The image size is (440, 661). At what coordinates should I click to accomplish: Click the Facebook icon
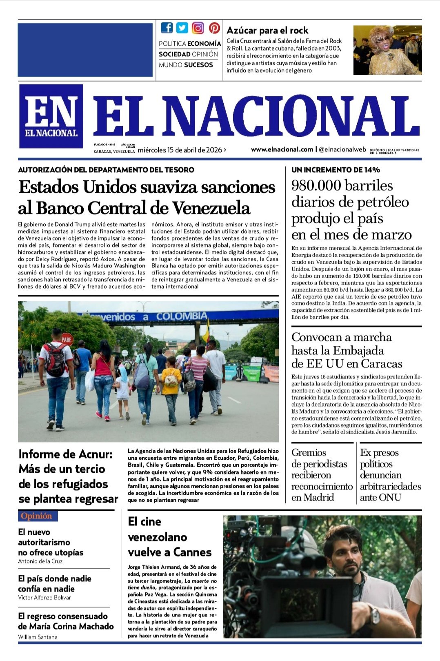click(x=167, y=28)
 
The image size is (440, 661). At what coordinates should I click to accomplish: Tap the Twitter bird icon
click(x=182, y=28)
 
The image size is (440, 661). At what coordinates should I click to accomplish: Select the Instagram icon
click(x=198, y=28)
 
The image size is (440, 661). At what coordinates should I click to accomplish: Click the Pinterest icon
click(x=214, y=28)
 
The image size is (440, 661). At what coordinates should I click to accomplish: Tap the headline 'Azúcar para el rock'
click(x=267, y=30)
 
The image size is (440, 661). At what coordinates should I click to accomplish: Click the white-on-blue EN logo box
click(x=51, y=116)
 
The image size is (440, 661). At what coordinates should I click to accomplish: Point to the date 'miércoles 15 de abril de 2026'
click(x=180, y=150)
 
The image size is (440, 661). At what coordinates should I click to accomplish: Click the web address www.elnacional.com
click(x=282, y=149)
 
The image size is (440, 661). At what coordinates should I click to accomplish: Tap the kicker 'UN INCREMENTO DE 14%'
click(x=336, y=170)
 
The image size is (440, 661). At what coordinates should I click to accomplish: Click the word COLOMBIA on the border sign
click(x=181, y=316)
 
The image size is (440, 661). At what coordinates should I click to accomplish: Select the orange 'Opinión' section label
click(x=37, y=516)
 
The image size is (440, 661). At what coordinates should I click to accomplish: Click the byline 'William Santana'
click(x=38, y=637)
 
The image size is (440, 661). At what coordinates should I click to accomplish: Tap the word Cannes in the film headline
click(x=191, y=552)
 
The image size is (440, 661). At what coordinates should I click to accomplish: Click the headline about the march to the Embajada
click(x=347, y=350)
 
